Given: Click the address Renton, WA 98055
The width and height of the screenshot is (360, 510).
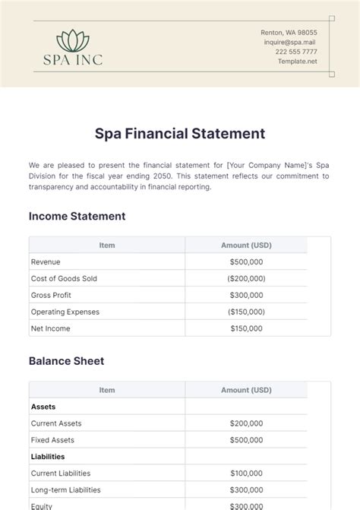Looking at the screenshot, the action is coord(289,33).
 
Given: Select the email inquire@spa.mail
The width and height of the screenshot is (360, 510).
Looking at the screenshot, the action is coord(290,43).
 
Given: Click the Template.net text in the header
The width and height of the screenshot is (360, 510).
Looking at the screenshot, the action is coord(298,62).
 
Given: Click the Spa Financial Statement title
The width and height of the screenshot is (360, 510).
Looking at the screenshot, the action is coord(180,134).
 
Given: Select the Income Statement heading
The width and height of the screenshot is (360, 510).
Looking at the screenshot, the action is coord(77,216).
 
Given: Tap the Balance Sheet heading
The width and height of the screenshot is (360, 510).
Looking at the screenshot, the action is coord(66,361).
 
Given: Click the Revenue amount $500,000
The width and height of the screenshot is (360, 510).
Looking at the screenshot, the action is coord(246,262).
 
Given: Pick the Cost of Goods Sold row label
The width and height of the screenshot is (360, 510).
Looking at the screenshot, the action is coord(64,279).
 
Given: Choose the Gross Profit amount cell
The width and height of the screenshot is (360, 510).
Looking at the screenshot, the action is coord(246,296).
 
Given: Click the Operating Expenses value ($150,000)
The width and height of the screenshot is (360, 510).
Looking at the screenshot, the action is coord(246,312).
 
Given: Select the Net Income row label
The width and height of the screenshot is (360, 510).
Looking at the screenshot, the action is coord(50,329).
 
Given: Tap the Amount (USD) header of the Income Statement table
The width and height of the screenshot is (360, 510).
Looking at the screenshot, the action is coord(246,245).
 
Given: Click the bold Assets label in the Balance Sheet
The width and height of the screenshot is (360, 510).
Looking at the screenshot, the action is coord(43,407).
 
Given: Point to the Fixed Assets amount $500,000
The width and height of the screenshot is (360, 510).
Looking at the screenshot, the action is coord(246,440).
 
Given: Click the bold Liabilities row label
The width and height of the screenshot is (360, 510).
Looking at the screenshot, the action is coord(48,457).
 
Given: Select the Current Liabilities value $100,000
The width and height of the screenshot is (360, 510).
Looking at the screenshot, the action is coord(246,474).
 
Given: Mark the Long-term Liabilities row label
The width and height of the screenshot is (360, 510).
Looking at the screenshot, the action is coord(65,490).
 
